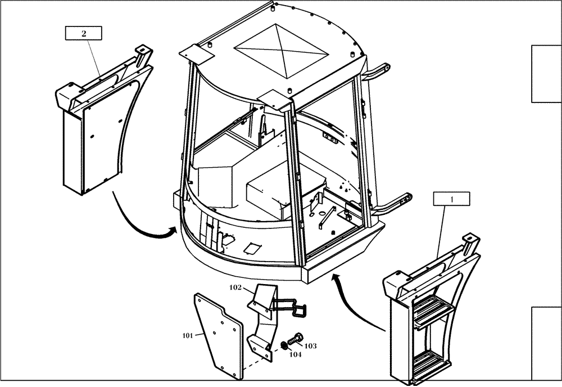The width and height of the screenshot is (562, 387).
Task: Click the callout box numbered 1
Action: (451, 198)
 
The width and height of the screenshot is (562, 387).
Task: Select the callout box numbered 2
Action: (84, 33)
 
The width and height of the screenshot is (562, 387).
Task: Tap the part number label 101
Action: (188, 336)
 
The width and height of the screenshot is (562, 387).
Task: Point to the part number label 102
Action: (236, 287)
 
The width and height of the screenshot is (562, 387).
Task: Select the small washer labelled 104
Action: (283, 346)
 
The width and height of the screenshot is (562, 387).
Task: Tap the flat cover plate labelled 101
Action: (216, 337)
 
